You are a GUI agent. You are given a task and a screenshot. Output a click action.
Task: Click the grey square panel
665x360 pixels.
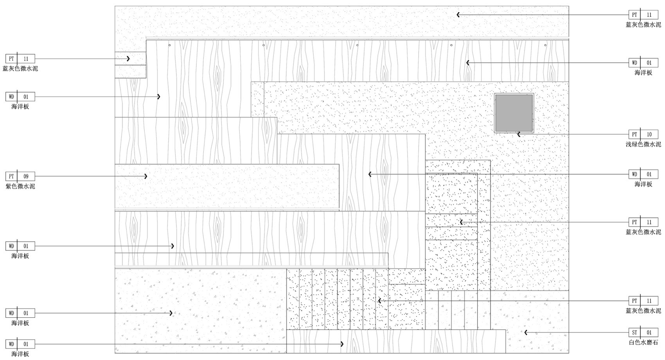point(514,113)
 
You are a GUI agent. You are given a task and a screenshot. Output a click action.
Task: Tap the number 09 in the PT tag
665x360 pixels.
point(26,176)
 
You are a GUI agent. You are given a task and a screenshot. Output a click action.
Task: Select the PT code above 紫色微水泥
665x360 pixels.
point(11,176)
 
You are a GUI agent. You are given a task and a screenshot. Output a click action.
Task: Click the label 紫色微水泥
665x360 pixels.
point(20,186)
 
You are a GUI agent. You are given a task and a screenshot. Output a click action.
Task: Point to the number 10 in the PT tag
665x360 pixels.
point(649,135)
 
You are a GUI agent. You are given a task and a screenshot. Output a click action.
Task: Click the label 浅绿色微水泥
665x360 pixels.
point(643,144)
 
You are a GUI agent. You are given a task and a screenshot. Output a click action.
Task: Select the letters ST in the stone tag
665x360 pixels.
point(634,333)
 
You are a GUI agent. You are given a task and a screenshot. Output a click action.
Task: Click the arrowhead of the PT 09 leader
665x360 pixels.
point(146,176)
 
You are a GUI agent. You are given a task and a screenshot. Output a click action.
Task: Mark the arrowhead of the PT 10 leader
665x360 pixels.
point(519,135)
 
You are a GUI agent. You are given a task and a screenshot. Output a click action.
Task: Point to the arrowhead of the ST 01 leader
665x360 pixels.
point(526,333)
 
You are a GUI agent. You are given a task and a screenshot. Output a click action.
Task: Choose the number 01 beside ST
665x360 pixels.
point(649,333)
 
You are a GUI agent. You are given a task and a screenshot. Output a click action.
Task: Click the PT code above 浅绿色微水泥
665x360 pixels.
point(634,135)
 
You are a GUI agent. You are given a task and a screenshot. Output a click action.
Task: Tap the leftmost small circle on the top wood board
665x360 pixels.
point(169,45)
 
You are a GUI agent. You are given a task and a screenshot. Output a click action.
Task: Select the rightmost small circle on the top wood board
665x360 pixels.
point(545,45)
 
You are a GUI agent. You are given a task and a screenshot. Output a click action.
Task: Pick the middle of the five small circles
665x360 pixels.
point(358,45)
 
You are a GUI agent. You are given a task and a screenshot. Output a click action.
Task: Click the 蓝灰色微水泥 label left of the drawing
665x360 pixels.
point(20,69)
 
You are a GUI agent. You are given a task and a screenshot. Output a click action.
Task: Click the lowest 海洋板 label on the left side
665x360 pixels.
point(20,354)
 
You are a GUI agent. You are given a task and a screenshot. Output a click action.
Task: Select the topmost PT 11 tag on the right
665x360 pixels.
point(643,15)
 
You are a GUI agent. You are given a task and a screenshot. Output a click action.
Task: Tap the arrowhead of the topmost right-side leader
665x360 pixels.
point(458,15)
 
